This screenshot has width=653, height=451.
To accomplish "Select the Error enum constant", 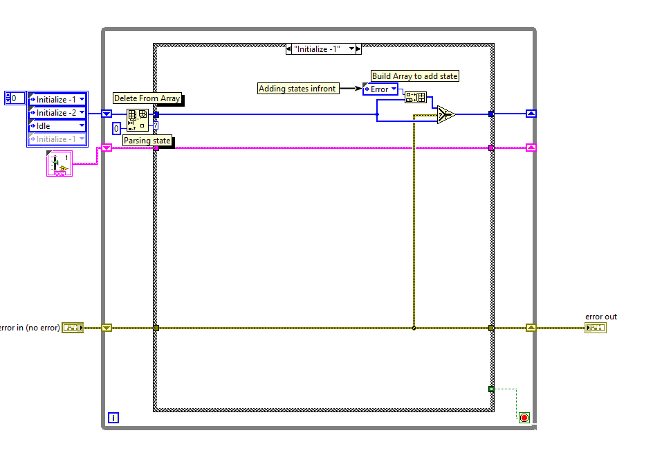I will pyautogui.click(x=380, y=89).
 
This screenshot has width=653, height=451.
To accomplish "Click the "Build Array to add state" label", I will pyautogui.click(x=415, y=76).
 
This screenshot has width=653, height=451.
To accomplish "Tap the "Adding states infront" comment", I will pyautogui.click(x=297, y=88).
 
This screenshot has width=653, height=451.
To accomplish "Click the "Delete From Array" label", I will pyautogui.click(x=147, y=98).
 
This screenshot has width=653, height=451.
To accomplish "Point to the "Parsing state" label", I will pyautogui.click(x=147, y=141).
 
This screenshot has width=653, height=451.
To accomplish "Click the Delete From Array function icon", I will pyautogui.click(x=138, y=119).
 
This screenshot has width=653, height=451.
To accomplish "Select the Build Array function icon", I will pyautogui.click(x=415, y=98).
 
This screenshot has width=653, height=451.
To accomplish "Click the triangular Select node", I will pyautogui.click(x=445, y=114).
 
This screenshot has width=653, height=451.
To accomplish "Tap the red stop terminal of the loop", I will pyautogui.click(x=524, y=418).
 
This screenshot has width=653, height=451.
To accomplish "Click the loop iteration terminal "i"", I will pyautogui.click(x=113, y=418).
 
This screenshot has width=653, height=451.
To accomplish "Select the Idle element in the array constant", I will pyautogui.click(x=57, y=126).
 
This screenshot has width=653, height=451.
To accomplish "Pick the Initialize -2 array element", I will pyautogui.click(x=57, y=112).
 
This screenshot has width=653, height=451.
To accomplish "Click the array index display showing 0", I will pyautogui.click(x=15, y=98).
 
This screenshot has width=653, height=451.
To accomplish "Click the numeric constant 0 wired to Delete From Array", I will pyautogui.click(x=117, y=128).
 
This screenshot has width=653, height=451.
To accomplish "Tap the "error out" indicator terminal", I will pyautogui.click(x=595, y=328).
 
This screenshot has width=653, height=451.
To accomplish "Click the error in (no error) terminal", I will pyautogui.click(x=73, y=328).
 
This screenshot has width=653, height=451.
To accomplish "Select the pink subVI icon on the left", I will pyautogui.click(x=59, y=164).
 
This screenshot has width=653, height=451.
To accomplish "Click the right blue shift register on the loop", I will pyautogui.click(x=531, y=114).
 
